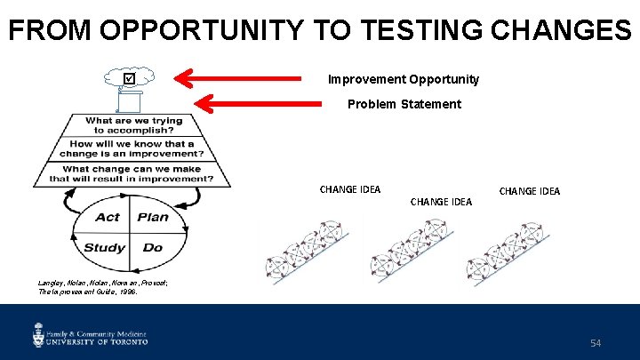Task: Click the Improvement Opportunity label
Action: coord(404,79)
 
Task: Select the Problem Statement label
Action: coord(404,104)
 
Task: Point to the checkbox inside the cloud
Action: coord(131,79)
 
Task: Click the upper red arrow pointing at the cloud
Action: coord(249,79)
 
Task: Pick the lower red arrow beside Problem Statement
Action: coord(258,104)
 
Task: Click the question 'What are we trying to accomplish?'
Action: coord(133,125)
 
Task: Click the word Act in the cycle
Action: coord(108,217)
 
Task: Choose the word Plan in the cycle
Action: coord(153,217)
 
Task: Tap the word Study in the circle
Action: coord(104,247)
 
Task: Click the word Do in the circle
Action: coord(153,247)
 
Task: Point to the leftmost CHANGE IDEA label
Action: coord(350,189)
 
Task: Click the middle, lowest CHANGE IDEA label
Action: coord(441,202)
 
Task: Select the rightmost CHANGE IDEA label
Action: coord(530,191)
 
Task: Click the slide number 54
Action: coord(595,342)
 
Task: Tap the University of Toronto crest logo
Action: coord(39,335)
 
